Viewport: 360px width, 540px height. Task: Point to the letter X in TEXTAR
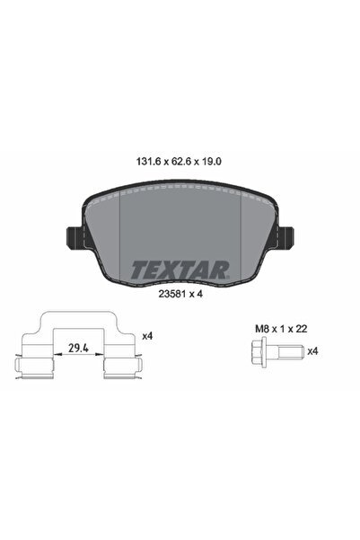(x=167, y=269)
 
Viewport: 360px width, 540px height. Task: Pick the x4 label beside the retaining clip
(x=147, y=336)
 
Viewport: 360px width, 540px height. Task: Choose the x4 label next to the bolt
(x=312, y=351)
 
